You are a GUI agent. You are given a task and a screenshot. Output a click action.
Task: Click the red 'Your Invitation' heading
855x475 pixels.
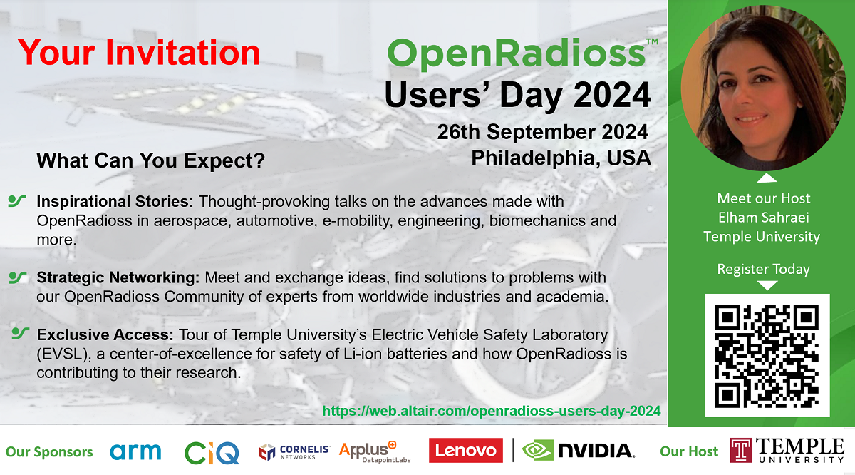[x=139, y=53]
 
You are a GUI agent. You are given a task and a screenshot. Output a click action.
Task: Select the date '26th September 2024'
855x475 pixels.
[x=543, y=132]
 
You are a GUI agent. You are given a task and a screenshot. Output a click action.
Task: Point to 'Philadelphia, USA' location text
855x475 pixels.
[x=561, y=158]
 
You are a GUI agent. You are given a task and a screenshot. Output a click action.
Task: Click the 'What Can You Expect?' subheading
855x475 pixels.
[x=150, y=161]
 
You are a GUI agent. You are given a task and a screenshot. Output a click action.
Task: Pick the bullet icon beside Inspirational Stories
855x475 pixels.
[x=17, y=201]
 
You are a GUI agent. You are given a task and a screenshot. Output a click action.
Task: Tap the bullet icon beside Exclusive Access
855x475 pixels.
[x=21, y=332]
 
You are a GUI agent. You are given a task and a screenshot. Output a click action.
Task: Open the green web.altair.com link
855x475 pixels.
[x=492, y=411]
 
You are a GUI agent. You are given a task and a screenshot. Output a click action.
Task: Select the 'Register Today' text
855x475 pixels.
[x=763, y=269]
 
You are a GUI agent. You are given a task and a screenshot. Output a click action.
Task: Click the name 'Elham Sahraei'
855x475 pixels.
[x=763, y=218]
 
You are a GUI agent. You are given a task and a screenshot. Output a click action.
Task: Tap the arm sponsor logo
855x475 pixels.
[x=135, y=451]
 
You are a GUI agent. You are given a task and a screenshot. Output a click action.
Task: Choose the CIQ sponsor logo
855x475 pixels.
[x=212, y=451]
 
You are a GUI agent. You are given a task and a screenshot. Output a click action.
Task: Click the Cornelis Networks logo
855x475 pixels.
[x=294, y=451]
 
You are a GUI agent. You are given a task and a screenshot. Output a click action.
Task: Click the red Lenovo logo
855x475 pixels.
[x=462, y=451]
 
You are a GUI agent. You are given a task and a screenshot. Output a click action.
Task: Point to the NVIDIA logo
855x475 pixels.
[x=578, y=451]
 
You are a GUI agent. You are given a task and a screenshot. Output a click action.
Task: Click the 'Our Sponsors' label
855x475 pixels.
[x=49, y=451]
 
